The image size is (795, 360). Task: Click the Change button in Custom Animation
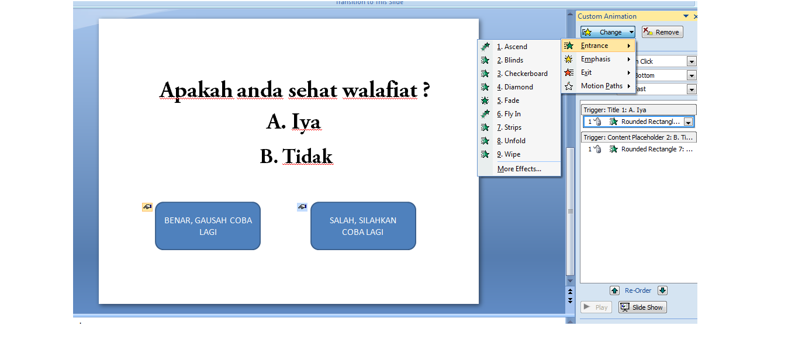pos(607,32)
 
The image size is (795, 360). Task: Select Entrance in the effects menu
pos(594,46)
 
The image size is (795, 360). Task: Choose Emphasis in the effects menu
pos(596,59)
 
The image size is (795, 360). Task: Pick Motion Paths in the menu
pos(602,86)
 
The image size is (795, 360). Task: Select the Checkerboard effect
pos(526,74)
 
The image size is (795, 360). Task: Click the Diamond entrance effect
pos(519,87)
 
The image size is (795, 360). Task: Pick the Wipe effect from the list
pos(512,154)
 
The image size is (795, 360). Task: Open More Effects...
pos(519,169)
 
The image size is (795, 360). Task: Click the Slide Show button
pos(642,307)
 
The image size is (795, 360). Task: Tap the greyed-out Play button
pos(596,307)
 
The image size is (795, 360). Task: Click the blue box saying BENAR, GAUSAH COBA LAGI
pos(208,226)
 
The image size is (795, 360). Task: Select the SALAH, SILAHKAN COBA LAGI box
pos(363,226)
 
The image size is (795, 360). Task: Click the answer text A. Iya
pos(293,122)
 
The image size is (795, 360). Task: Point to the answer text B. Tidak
pos(296,156)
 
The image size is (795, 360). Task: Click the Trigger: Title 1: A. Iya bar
pos(638,110)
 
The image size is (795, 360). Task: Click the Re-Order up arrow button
pos(614,290)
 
